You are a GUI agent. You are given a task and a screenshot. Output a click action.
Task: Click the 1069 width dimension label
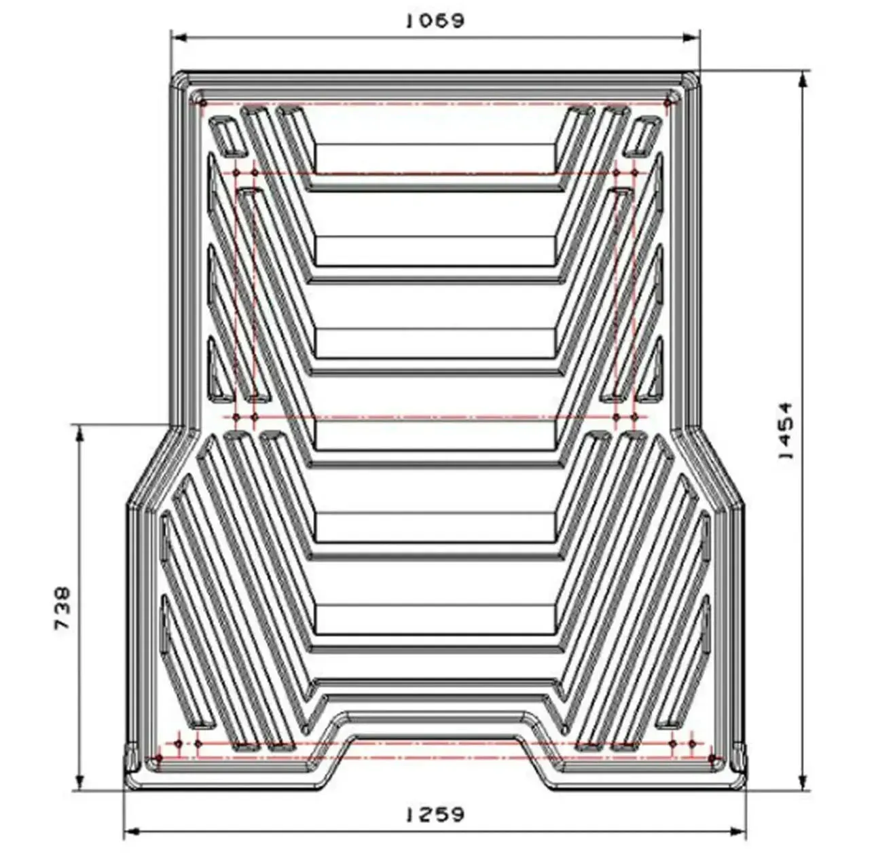(435, 21)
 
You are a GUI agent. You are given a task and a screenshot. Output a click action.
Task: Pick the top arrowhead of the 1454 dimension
(803, 79)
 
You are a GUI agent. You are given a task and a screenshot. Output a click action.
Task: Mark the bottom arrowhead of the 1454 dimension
(803, 782)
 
